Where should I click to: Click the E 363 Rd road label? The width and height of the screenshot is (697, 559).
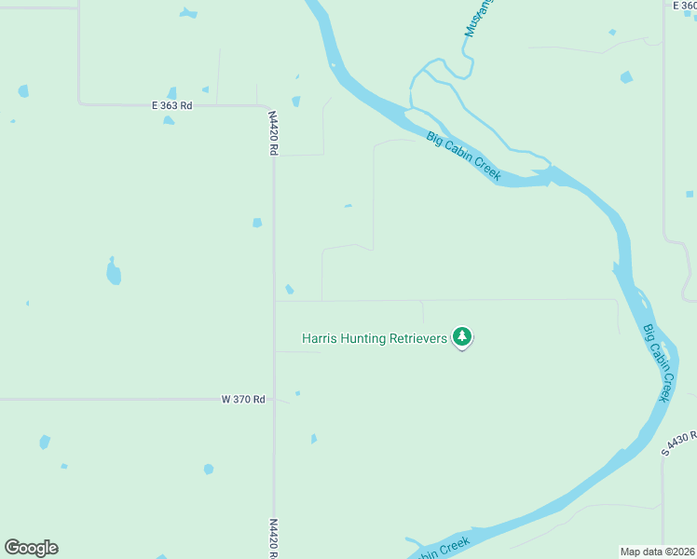click(171, 106)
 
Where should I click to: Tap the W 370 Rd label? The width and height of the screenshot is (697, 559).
click(243, 399)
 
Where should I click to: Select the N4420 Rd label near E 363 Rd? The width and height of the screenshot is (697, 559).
click(274, 133)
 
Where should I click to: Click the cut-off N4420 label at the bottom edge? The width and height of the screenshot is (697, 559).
click(274, 539)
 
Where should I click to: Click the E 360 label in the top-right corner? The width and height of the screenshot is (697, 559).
click(685, 6)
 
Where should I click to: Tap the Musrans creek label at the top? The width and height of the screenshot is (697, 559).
click(480, 17)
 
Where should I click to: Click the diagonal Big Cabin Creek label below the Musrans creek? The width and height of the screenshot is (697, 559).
click(464, 156)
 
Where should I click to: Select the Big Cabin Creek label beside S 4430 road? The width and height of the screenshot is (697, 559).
click(656, 362)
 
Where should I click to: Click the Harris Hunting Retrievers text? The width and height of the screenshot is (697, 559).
click(376, 338)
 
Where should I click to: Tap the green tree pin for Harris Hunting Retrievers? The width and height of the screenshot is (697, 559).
click(462, 336)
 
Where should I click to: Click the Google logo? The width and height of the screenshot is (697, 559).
click(31, 548)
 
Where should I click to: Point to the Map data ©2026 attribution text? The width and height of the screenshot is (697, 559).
click(657, 551)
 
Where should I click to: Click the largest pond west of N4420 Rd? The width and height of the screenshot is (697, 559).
click(114, 272)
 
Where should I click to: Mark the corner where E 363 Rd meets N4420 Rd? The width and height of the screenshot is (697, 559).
click(268, 106)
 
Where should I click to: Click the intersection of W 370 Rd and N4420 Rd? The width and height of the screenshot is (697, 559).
click(274, 399)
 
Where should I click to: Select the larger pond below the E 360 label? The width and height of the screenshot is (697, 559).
click(626, 77)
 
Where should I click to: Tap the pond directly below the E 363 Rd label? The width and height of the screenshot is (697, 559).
click(169, 120)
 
